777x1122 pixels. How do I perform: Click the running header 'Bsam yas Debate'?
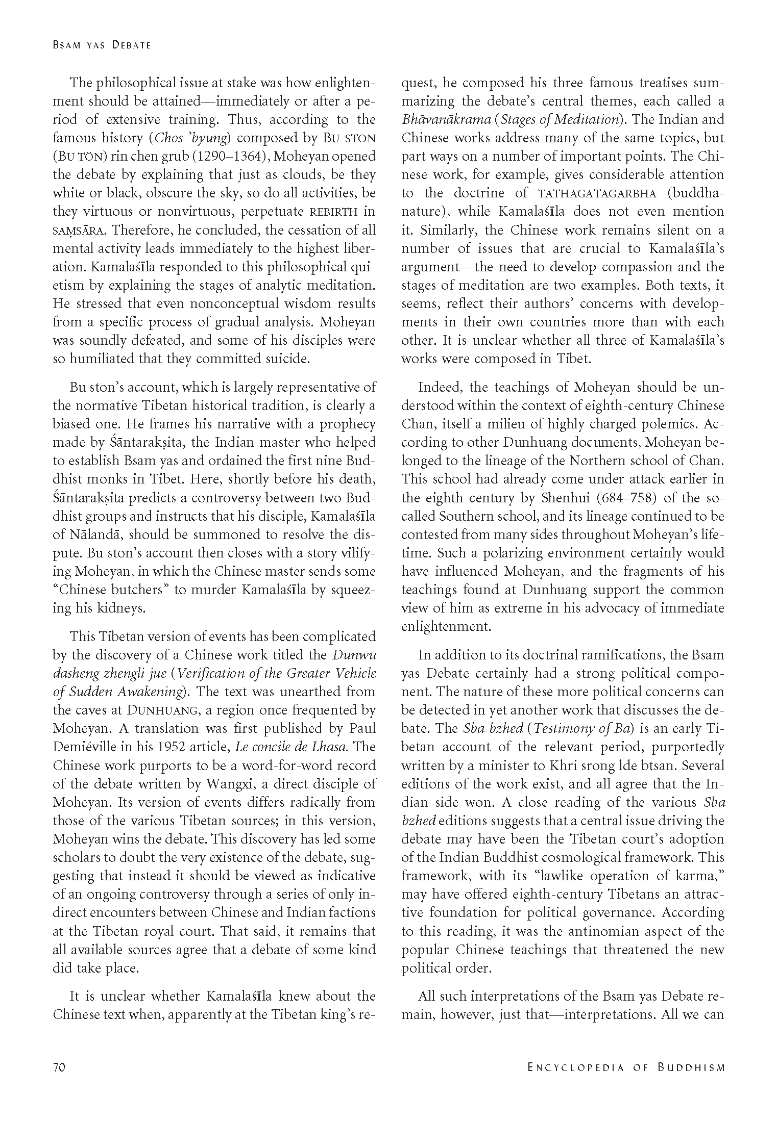click(x=102, y=45)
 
